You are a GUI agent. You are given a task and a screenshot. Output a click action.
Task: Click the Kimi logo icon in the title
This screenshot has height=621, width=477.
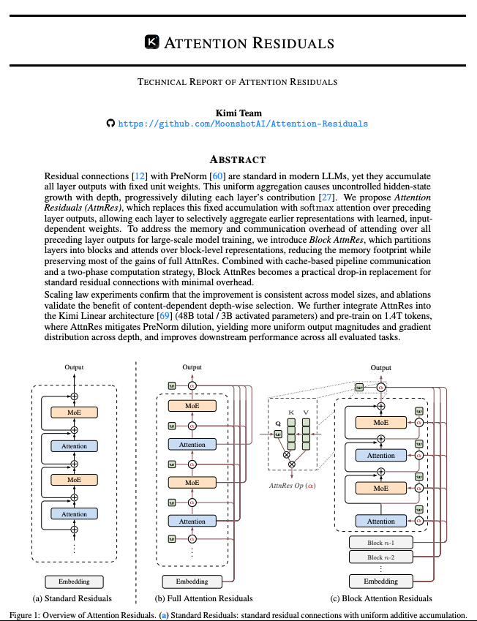tap(152, 42)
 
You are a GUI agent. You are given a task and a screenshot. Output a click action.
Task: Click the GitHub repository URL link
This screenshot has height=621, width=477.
tap(243, 124)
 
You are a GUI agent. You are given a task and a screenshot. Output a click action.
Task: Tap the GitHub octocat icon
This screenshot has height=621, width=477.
tap(111, 124)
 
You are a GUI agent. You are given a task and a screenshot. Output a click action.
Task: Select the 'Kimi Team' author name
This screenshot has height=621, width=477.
tap(238, 113)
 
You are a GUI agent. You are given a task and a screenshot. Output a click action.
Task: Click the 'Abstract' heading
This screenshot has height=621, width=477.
tap(238, 159)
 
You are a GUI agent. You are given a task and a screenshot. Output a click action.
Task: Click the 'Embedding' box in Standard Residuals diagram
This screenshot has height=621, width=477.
tap(74, 582)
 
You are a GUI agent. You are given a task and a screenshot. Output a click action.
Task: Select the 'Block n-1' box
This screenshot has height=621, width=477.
tap(380, 542)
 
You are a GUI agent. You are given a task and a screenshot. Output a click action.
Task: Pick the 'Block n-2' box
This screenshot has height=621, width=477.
tap(380, 557)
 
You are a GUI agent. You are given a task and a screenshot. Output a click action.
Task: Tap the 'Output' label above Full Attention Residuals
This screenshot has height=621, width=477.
tap(192, 367)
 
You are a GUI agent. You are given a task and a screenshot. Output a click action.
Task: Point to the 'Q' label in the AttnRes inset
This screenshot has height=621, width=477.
tap(278, 423)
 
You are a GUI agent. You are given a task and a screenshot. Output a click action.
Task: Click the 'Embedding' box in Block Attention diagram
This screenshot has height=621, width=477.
tap(380, 582)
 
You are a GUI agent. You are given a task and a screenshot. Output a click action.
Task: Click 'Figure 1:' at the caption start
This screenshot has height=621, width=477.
tap(30, 614)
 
